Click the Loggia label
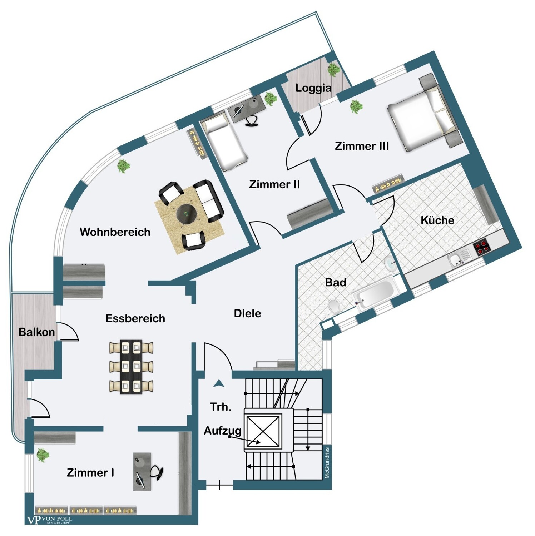[x=313, y=88]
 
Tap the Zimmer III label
[x=362, y=146]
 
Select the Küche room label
[x=437, y=220]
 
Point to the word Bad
[x=336, y=282]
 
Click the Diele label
[x=247, y=313]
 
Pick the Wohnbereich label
[x=115, y=232]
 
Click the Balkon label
[x=37, y=332]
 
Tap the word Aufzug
[x=223, y=431]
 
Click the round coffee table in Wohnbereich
[x=187, y=214]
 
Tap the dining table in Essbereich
[x=131, y=367]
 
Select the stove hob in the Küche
[x=481, y=247]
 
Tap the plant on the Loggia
[x=334, y=69]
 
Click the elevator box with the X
[x=263, y=431]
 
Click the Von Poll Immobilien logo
[x=50, y=520]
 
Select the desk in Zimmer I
[x=142, y=471]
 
